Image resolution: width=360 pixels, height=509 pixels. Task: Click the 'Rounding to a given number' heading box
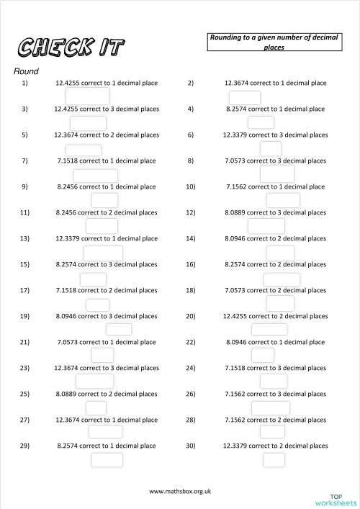pos(274,42)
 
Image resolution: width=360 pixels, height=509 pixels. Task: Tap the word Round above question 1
pos(26,71)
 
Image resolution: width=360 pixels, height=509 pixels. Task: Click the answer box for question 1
pos(87,96)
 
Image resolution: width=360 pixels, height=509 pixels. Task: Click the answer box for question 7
pos(95,175)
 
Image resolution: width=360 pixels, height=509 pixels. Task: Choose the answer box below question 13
pos(103,253)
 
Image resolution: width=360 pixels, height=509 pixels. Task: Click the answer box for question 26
pos(271,407)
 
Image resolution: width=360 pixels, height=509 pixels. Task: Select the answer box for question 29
pos(107,459)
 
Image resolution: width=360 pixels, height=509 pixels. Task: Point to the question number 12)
pos(191,212)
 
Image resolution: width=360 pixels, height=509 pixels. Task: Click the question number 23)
pos(24,368)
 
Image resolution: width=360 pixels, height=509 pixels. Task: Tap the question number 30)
pos(191,446)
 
